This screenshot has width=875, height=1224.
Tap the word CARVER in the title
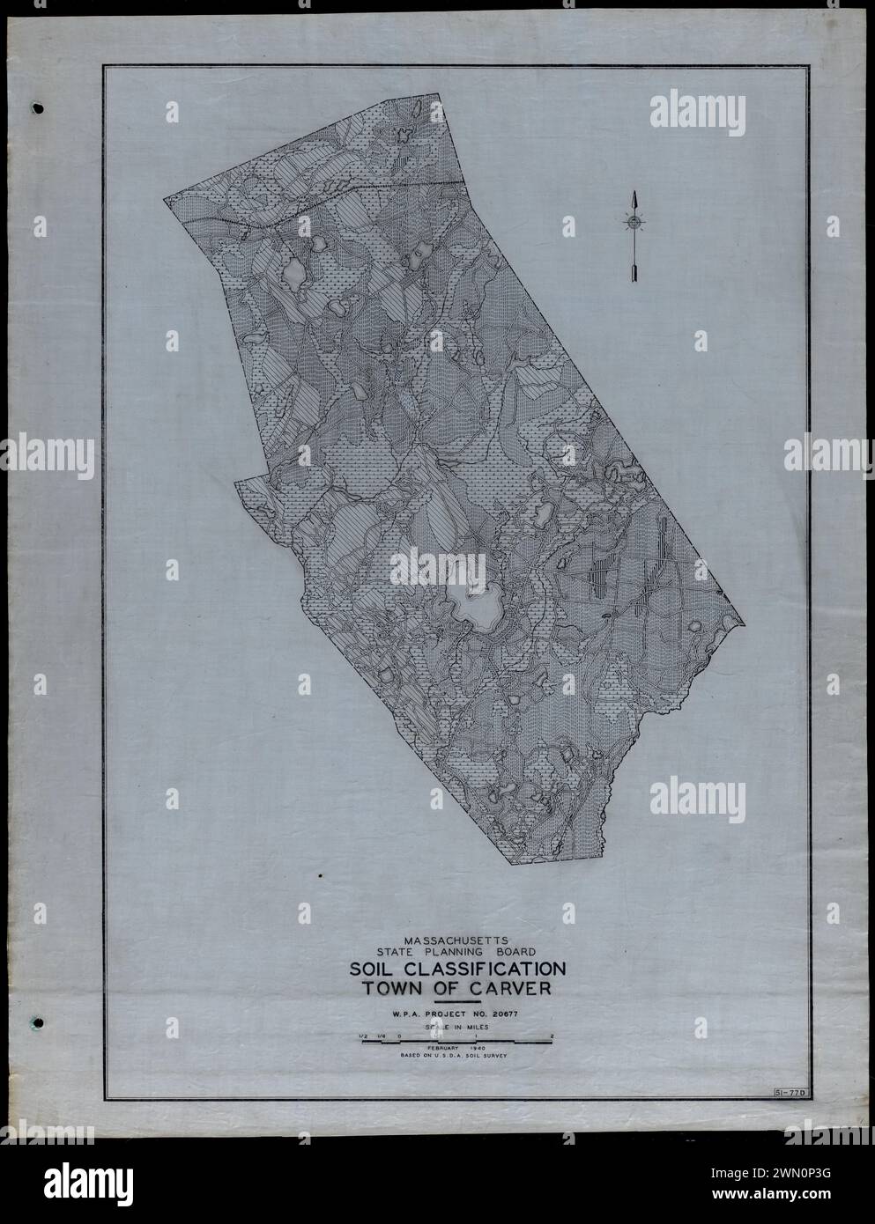[x=504, y=988]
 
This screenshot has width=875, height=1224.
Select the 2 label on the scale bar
[x=551, y=1036]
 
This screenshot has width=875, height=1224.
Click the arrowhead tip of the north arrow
[x=632, y=195]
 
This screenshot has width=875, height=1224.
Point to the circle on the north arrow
[x=632, y=222]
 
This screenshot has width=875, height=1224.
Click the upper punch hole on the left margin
[x=37, y=109]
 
